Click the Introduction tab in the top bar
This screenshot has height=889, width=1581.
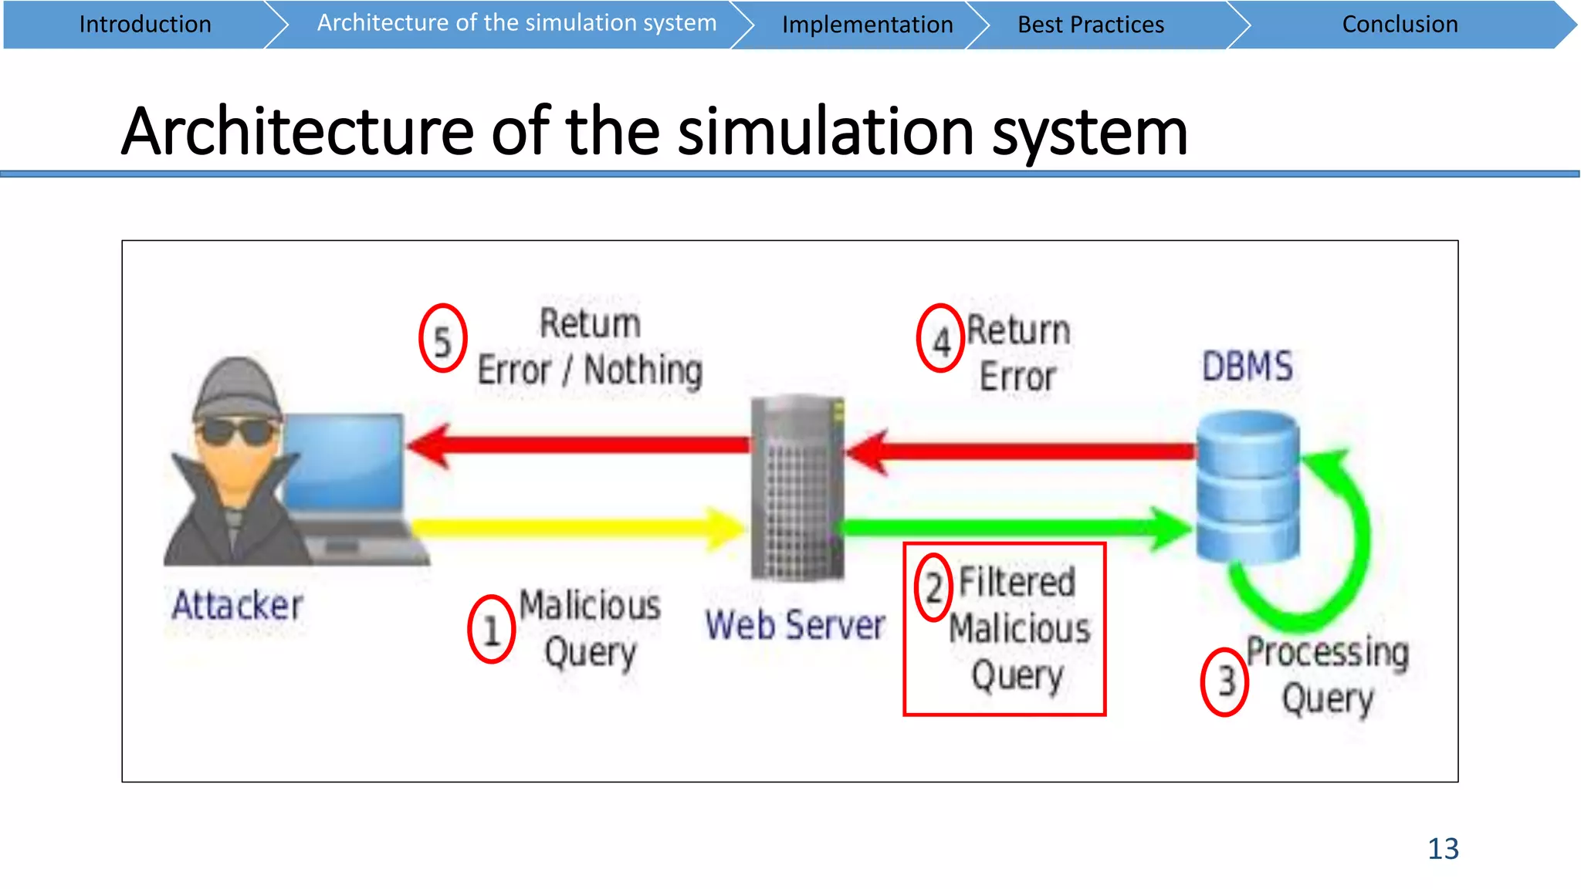click(x=144, y=25)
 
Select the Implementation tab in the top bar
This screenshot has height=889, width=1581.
click(x=867, y=25)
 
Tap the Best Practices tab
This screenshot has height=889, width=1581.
click(x=1090, y=25)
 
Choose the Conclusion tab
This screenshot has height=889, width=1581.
click(x=1400, y=25)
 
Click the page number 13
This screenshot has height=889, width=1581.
click(x=1443, y=849)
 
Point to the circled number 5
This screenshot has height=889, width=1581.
click(x=442, y=339)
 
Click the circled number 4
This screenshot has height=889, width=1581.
click(x=940, y=339)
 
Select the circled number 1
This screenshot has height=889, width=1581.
click(x=491, y=630)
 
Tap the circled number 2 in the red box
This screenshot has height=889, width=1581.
click(x=933, y=588)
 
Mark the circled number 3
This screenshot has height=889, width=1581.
click(x=1225, y=681)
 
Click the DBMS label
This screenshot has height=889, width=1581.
click(x=1248, y=366)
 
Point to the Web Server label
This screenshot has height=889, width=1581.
click(x=795, y=624)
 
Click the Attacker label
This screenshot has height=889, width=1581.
click(x=237, y=605)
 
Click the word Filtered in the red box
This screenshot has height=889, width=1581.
click(x=1017, y=582)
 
